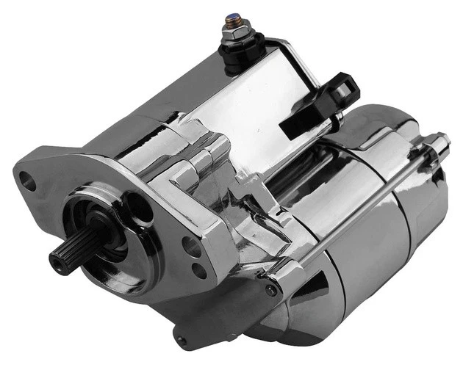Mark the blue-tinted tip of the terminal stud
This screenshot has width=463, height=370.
(x=233, y=16)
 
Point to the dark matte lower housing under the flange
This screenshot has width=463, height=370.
(x=220, y=316)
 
